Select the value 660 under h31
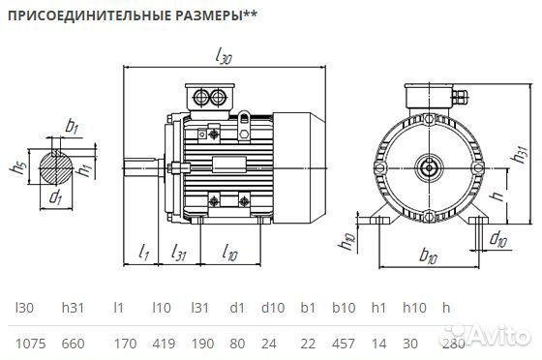[75, 344]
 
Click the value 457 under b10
[344, 344]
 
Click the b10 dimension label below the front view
[426, 256]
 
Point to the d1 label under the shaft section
[55, 199]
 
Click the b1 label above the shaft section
[71, 125]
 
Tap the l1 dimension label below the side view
[143, 253]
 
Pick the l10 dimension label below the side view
[229, 253]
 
